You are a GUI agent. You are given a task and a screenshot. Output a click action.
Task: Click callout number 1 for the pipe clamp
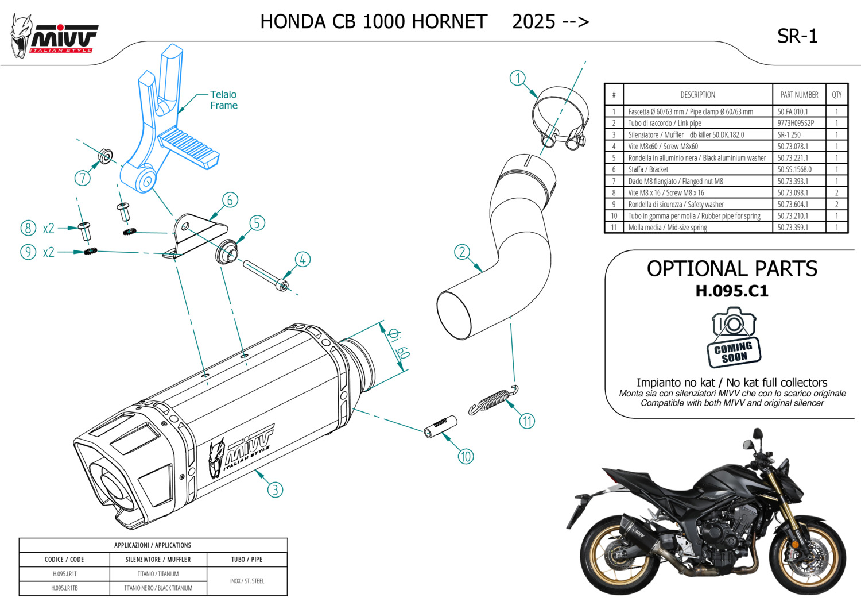(x=518, y=78)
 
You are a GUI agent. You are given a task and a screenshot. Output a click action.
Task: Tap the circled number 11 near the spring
(x=527, y=421)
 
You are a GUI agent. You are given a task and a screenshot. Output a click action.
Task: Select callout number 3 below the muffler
(x=276, y=489)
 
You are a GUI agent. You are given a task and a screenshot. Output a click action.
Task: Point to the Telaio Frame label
(x=223, y=100)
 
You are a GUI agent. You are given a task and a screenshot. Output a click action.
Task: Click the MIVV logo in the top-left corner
(x=55, y=37)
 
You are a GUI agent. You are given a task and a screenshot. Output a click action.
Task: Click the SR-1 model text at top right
(x=797, y=36)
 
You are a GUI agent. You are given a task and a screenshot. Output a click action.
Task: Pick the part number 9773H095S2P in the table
(x=796, y=123)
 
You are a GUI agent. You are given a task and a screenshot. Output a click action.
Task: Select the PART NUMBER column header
(x=799, y=95)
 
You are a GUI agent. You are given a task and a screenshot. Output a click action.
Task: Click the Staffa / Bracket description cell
(x=648, y=169)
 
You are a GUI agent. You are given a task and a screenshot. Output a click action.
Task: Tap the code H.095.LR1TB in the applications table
(x=64, y=588)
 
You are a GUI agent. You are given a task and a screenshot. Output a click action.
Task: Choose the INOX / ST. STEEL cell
(x=247, y=581)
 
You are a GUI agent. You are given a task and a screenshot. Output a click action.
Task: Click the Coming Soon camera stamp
(x=733, y=338)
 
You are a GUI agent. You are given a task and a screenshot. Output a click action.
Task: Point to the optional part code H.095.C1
(x=732, y=291)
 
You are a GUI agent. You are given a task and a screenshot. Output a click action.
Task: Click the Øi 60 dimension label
(x=398, y=344)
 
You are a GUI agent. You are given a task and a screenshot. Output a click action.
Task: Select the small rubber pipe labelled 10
(x=440, y=426)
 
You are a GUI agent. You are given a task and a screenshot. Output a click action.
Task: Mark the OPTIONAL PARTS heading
(x=732, y=269)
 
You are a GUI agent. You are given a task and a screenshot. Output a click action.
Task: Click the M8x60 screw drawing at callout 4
(x=265, y=275)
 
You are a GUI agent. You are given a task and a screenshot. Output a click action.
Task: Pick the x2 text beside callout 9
(x=49, y=252)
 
